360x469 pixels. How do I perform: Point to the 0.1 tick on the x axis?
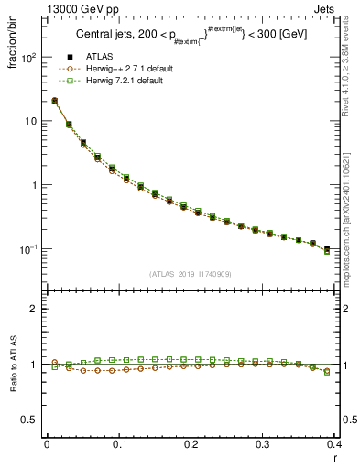(x=119, y=445)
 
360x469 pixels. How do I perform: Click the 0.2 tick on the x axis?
(x=191, y=445)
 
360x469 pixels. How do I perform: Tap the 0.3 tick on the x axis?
(x=264, y=445)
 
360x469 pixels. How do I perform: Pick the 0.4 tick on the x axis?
(x=335, y=445)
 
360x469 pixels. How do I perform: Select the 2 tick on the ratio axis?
(x=35, y=309)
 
